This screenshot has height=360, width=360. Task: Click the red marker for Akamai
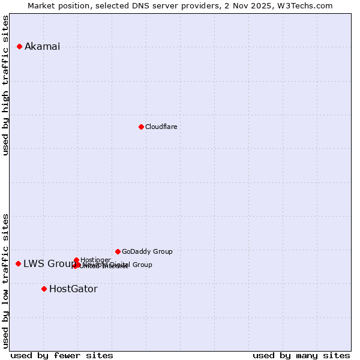tap(19, 46)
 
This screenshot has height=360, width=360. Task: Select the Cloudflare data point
tap(141, 127)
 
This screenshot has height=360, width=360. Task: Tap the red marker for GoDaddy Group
tap(118, 251)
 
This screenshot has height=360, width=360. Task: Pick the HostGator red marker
tap(44, 289)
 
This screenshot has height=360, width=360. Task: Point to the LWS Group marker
tap(18, 263)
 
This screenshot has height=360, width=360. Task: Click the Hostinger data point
tap(76, 260)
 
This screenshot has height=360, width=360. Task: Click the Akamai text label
tap(42, 47)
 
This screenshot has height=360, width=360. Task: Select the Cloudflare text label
tap(161, 127)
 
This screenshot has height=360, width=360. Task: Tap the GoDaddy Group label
tap(147, 251)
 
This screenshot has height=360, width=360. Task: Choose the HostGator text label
tap(73, 289)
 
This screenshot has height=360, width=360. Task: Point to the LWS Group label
tap(49, 264)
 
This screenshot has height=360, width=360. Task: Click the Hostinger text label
tap(95, 260)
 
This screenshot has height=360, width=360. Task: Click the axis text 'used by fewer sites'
tap(62, 355)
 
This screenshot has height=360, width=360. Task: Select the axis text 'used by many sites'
tap(301, 355)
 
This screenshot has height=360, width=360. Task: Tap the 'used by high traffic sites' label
tap(6, 85)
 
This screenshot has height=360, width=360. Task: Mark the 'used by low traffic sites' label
tap(6, 280)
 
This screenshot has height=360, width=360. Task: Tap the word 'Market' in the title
tap(43, 5)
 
